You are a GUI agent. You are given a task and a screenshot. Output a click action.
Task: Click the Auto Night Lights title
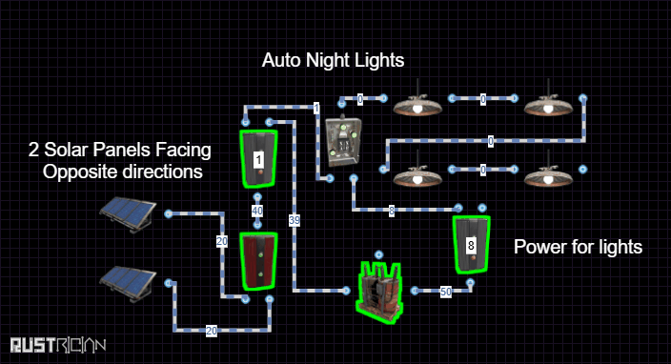coord(333,60)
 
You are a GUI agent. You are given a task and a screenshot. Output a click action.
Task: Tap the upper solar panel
coord(128,214)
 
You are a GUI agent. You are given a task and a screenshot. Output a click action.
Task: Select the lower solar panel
coord(128,284)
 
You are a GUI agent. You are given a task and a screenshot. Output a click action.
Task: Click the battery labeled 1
coord(258,159)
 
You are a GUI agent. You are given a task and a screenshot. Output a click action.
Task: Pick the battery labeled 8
coord(471,245)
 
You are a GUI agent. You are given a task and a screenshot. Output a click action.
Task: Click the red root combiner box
coord(258,261)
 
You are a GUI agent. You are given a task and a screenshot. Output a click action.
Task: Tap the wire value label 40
coord(257,211)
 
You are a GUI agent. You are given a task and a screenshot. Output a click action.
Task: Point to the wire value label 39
coord(295,220)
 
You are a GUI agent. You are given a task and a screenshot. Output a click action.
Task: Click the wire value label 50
coord(446,292)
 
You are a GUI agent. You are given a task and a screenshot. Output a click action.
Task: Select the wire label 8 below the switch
coord(392,211)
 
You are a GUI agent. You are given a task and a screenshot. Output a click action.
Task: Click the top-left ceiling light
coord(417,103)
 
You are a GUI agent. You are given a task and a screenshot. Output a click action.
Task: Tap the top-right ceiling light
coord(548,103)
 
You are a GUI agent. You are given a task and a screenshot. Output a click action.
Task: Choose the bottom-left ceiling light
coord(417,173)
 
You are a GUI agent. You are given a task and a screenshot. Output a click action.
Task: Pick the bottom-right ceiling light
coord(548,173)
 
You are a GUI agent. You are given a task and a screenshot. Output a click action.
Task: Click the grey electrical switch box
coord(343,142)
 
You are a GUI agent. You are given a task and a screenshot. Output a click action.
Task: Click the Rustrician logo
coord(58,345)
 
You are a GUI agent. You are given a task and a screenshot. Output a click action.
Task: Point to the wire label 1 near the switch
coord(316,109)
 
